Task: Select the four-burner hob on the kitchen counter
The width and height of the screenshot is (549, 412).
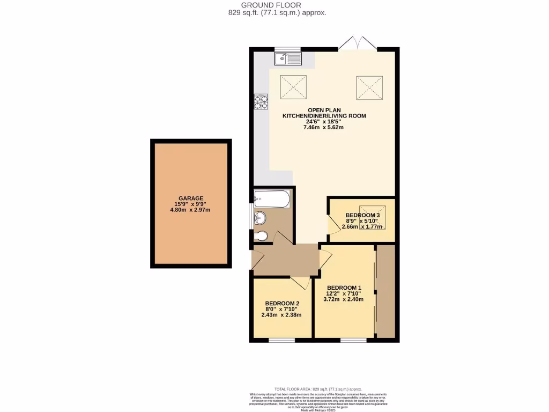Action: pos(261,102)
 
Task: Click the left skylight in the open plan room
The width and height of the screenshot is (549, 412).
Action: pos(293,86)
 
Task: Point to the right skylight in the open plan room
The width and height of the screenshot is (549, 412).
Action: pos(370,86)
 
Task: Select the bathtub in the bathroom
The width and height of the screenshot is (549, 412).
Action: pos(272,200)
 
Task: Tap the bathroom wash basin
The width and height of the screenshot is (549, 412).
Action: pos(259,218)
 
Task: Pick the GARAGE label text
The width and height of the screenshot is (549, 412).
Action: pos(191,198)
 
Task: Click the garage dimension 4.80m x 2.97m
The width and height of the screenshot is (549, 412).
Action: pos(191,210)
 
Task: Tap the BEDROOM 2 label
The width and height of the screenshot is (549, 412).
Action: pos(282,303)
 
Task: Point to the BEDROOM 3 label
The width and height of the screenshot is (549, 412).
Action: pos(362,215)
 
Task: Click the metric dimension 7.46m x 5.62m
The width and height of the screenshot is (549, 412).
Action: pos(323,127)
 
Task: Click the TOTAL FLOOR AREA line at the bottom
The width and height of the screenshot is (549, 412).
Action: pos(318,389)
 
